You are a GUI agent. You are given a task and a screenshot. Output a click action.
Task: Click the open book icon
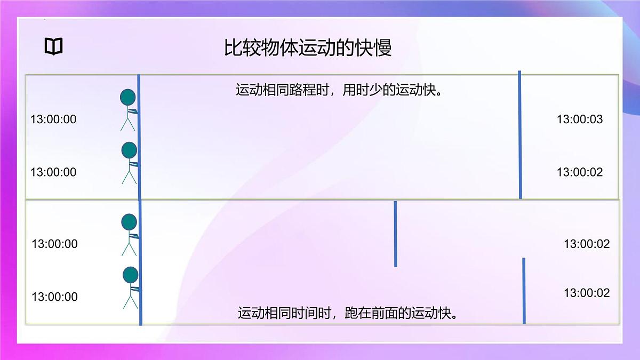pos(53,47)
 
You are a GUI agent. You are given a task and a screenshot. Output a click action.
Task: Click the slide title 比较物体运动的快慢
pos(308,48)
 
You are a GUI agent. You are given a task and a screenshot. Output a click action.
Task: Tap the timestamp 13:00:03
pos(580,119)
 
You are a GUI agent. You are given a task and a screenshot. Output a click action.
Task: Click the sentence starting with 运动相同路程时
pos(340,89)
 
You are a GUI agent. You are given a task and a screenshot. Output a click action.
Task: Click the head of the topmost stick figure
pos(128,97)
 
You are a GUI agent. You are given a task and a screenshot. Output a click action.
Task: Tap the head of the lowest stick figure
pos(131,275)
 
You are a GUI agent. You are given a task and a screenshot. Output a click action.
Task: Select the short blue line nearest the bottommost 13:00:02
pos(524,291)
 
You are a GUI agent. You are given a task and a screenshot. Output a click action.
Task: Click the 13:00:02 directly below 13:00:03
pos(580,172)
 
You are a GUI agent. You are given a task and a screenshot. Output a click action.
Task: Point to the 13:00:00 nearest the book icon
pos(53,119)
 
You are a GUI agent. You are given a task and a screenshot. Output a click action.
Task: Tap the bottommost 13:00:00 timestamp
pos(54,297)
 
